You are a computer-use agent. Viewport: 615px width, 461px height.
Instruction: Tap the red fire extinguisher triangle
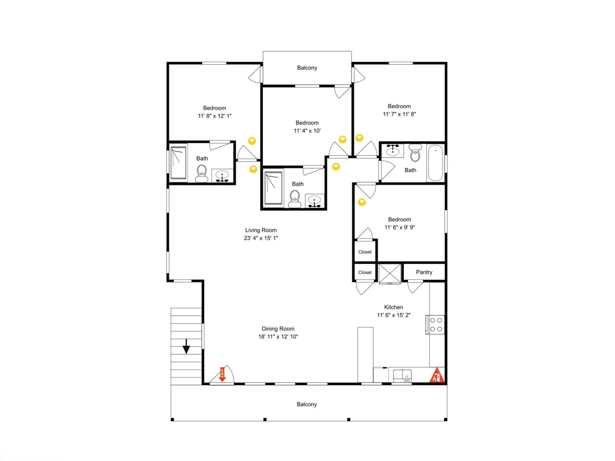[437, 375]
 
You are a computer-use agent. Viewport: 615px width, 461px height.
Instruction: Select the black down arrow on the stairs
[186, 346]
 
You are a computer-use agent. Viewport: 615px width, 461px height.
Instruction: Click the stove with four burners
[435, 325]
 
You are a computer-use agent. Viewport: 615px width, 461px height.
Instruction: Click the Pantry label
[424, 272]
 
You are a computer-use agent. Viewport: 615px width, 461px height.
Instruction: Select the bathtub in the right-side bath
[435, 163]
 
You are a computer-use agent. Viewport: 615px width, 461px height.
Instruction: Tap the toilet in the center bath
[295, 199]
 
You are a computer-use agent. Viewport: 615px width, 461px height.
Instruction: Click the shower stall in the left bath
[178, 163]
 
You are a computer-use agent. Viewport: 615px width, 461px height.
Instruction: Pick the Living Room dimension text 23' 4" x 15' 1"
[261, 238]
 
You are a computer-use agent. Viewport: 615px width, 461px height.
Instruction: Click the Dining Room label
[278, 329]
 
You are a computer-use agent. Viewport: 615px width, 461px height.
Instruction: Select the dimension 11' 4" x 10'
[307, 131]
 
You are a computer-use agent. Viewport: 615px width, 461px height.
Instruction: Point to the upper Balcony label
[307, 68]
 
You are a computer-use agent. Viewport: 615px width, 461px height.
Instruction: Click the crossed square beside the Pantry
[390, 274]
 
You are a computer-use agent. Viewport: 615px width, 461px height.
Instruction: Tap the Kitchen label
[393, 307]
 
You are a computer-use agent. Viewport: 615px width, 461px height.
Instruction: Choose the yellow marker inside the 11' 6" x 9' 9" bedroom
[362, 202]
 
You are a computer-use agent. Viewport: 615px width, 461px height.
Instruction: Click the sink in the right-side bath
[393, 151]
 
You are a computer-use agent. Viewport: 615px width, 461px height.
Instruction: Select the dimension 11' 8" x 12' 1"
[215, 116]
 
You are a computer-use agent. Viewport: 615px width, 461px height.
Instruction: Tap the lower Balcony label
[307, 404]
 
